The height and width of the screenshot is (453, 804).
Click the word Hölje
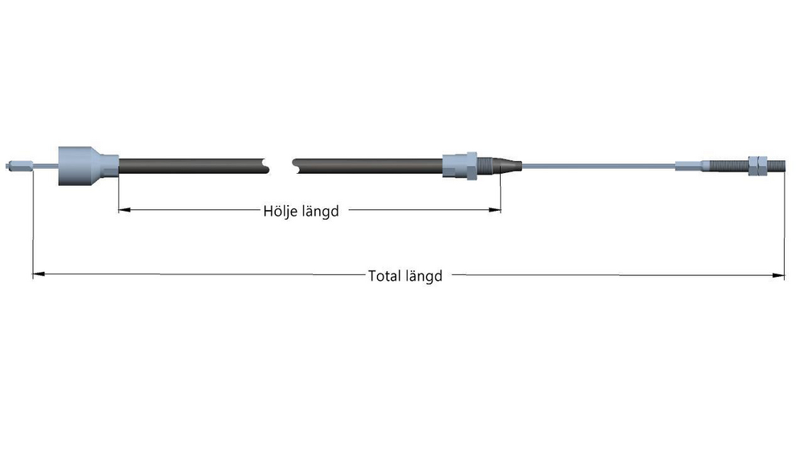280,212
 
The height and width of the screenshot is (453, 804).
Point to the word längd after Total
424,276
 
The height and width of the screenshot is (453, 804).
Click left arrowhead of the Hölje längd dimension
123,211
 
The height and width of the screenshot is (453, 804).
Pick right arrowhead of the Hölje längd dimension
497,211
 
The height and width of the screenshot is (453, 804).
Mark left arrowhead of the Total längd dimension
36,275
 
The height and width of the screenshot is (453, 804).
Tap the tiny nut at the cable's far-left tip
8,167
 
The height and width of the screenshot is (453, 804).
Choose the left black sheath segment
193,166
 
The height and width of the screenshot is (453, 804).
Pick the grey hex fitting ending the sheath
460,166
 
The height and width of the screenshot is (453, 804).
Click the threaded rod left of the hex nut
730,167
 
